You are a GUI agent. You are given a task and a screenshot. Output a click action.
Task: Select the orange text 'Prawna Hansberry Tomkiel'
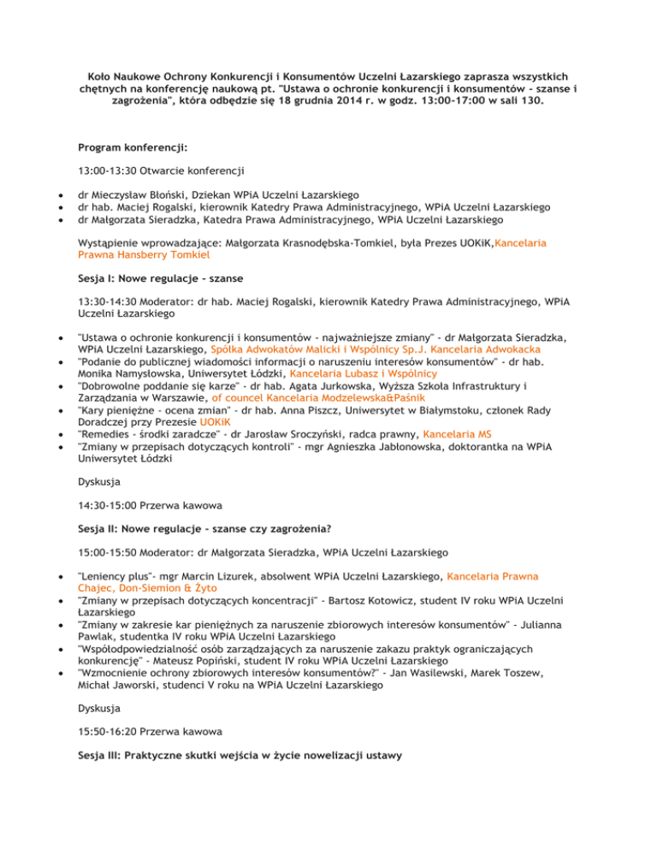(x=147, y=254)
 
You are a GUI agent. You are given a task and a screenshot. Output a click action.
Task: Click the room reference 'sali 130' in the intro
(x=521, y=101)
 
